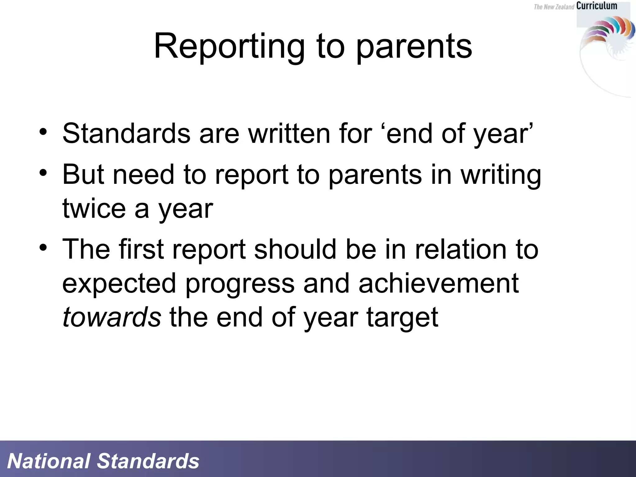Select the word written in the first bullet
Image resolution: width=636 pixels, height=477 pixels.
click(289, 134)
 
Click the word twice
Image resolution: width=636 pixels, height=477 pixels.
click(94, 208)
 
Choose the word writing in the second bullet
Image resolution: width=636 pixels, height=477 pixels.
click(501, 175)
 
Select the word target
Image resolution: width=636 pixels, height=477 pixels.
click(402, 318)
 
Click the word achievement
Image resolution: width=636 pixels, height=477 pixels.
click(438, 283)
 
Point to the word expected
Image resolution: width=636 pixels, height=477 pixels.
click(119, 284)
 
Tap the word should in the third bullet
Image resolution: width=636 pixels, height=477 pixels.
click(295, 249)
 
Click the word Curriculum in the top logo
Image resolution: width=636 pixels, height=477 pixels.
click(597, 6)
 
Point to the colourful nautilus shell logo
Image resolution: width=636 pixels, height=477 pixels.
click(607, 34)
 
